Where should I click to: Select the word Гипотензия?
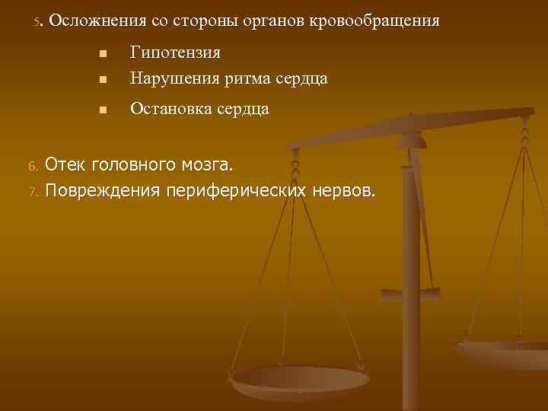click(x=175, y=53)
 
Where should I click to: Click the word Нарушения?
click(x=168, y=78)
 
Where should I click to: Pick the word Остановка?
click(x=168, y=109)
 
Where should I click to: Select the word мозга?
click(x=210, y=164)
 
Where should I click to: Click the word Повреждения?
click(x=103, y=189)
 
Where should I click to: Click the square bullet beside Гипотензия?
click(x=102, y=54)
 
